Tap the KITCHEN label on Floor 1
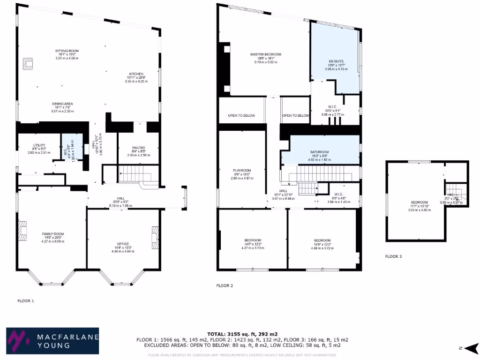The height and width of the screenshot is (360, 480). click(x=136, y=74)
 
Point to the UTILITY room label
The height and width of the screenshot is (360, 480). click(x=39, y=145)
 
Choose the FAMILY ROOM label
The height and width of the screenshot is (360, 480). click(x=52, y=233)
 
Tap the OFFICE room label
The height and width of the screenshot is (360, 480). click(x=123, y=244)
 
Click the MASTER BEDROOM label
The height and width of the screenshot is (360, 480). click(x=265, y=54)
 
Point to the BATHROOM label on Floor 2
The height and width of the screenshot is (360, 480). click(x=319, y=152)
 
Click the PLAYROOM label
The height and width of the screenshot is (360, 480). click(x=242, y=170)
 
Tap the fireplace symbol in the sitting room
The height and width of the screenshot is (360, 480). click(x=29, y=64)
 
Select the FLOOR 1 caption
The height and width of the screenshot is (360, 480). click(x=26, y=300)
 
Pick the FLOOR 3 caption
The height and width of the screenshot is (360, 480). click(x=393, y=256)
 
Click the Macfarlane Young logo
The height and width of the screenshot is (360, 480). click(x=52, y=340)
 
